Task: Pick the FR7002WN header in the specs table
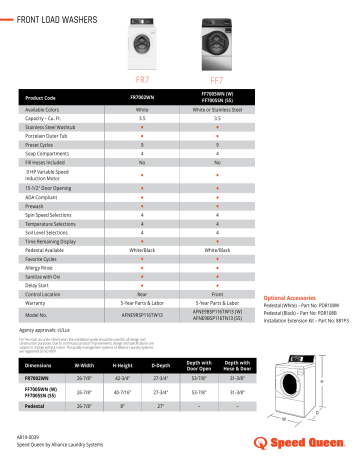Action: point(142,97)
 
